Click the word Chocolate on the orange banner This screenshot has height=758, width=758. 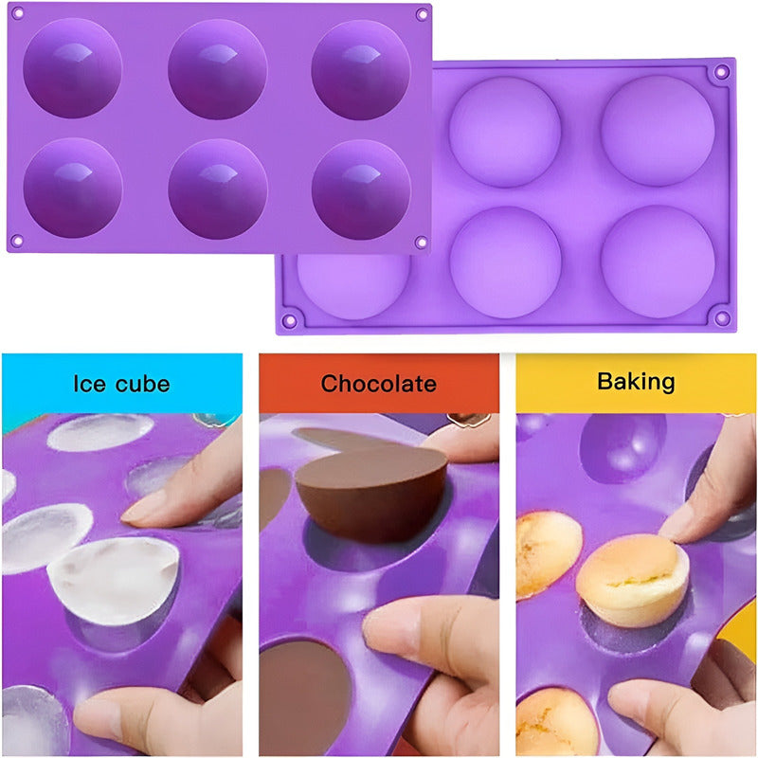click(378, 384)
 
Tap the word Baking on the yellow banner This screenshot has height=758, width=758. click(636, 381)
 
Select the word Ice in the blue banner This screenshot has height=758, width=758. click(91, 384)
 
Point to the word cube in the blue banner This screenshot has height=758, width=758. click(141, 384)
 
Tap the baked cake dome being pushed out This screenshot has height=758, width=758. click(633, 579)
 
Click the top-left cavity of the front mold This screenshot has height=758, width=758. click(72, 68)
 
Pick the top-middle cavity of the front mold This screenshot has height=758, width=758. click(217, 68)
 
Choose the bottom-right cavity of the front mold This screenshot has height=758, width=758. click(361, 189)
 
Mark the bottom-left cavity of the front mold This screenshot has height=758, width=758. click(72, 187)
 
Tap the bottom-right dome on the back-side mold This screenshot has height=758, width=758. click(658, 261)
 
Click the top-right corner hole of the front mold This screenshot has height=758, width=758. click(421, 15)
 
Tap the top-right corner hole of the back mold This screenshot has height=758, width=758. click(721, 72)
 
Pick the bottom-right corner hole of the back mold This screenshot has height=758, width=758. click(721, 317)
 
